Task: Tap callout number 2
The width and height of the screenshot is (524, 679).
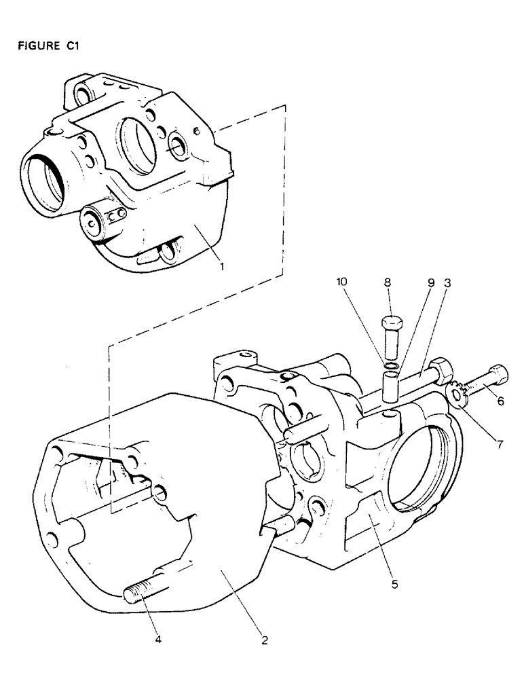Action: pyautogui.click(x=263, y=639)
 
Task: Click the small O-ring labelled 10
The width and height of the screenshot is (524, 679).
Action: pyautogui.click(x=390, y=367)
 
